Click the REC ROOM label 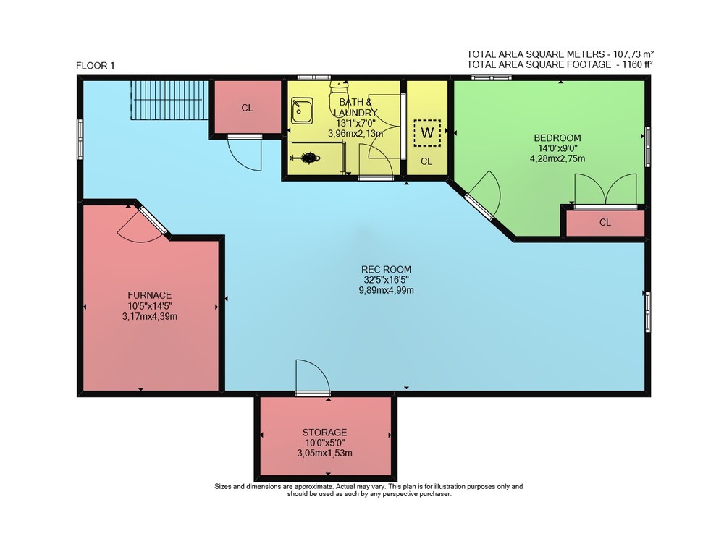pos(386,269)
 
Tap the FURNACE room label pos(150,295)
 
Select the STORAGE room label pos(324,433)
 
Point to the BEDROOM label pos(557,138)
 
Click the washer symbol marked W pos(427,133)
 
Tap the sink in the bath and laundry pos(302,111)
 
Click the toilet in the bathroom pos(340,97)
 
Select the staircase pos(169,100)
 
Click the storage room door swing pos(313,376)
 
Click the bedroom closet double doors pos(606,190)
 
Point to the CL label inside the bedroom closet pos(605,222)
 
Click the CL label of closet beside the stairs pos(247,108)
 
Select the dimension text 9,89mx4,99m pos(386,291)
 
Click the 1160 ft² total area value pos(637,64)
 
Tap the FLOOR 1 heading pos(95,66)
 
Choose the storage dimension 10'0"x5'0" pos(324,443)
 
